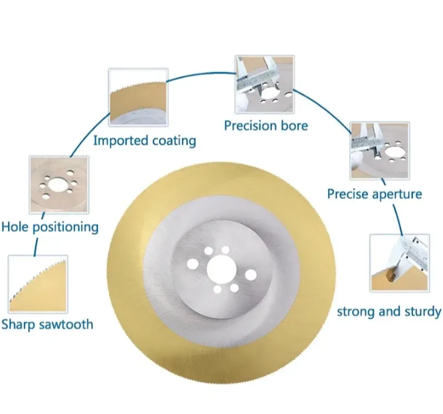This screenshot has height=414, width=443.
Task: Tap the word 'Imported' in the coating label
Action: (120, 140)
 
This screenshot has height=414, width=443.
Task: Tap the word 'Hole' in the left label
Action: (15, 227)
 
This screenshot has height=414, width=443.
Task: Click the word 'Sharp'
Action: (18, 324)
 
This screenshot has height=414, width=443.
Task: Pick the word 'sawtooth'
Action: (66, 324)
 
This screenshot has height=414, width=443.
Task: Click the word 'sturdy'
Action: (422, 312)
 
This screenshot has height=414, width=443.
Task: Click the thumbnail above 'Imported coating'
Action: (139, 97)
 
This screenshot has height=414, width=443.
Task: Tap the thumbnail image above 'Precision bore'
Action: (265, 84)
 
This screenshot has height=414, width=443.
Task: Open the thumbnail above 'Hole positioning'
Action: (59, 185)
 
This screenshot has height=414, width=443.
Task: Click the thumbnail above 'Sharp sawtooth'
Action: (38, 284)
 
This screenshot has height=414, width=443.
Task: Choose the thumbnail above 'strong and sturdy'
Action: (400, 264)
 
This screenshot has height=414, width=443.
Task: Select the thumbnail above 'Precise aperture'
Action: (380, 150)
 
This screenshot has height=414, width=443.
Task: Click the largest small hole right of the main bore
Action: (251, 275)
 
